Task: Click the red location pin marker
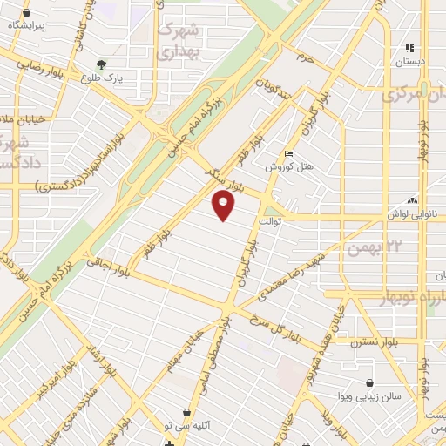tap(224, 206)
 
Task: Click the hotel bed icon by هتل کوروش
tap(289, 154)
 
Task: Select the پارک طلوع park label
tap(103, 77)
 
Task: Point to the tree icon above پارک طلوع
tap(102, 64)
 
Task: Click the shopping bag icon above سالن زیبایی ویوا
tap(371, 382)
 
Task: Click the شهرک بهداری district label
tap(179, 40)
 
